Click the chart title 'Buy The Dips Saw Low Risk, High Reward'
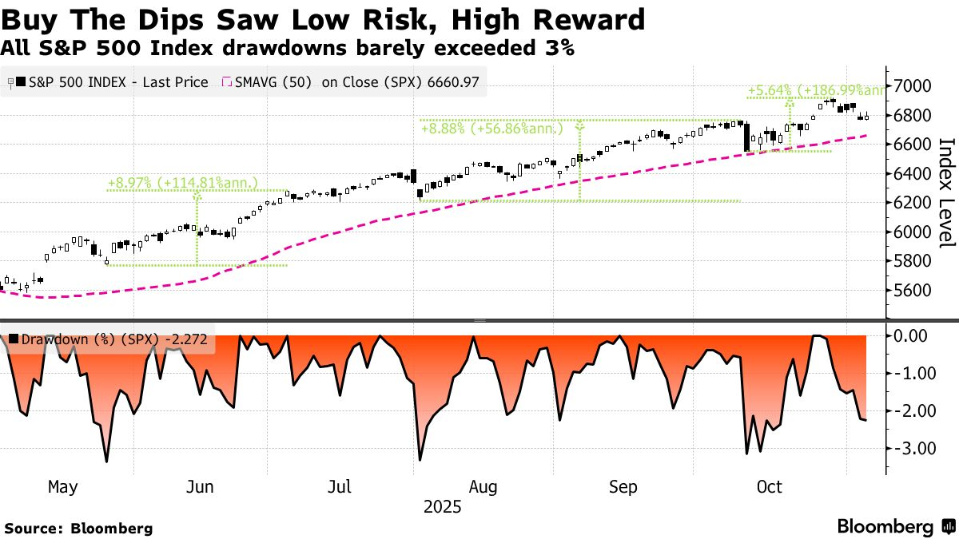pos(323,18)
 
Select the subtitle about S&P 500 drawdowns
pos(288,48)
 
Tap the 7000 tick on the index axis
pos(913,86)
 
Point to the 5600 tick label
pos(913,291)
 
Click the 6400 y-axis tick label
pos(913,174)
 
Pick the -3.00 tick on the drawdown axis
pos(910,449)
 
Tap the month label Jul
pos(341,486)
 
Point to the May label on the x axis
pos(64,486)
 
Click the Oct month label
pos(769,486)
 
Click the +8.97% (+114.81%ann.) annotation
pos(183,183)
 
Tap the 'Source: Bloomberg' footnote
pos(78,528)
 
